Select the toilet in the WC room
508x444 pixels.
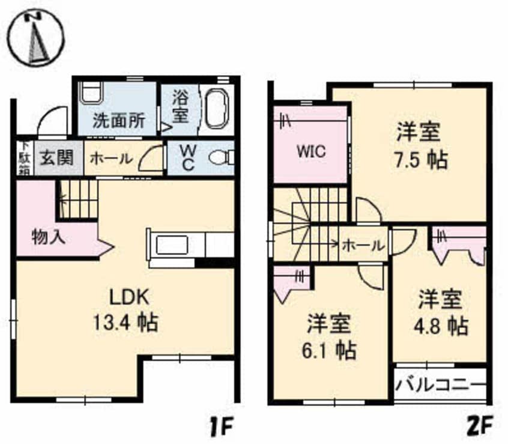click(x=222, y=158)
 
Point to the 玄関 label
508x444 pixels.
click(x=57, y=158)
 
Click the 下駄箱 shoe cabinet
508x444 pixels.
click(x=25, y=158)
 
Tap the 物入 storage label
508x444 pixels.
click(x=49, y=237)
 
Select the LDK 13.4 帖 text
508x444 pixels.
click(x=126, y=310)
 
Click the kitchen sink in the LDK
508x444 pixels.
click(x=172, y=245)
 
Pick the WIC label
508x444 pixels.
click(x=311, y=151)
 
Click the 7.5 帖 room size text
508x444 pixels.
click(x=421, y=160)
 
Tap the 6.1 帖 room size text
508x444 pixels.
click(x=329, y=350)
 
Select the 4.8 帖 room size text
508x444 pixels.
click(x=441, y=326)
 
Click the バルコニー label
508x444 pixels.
click(x=441, y=386)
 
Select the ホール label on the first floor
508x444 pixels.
click(x=111, y=159)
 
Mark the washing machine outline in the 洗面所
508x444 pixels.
click(x=91, y=93)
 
